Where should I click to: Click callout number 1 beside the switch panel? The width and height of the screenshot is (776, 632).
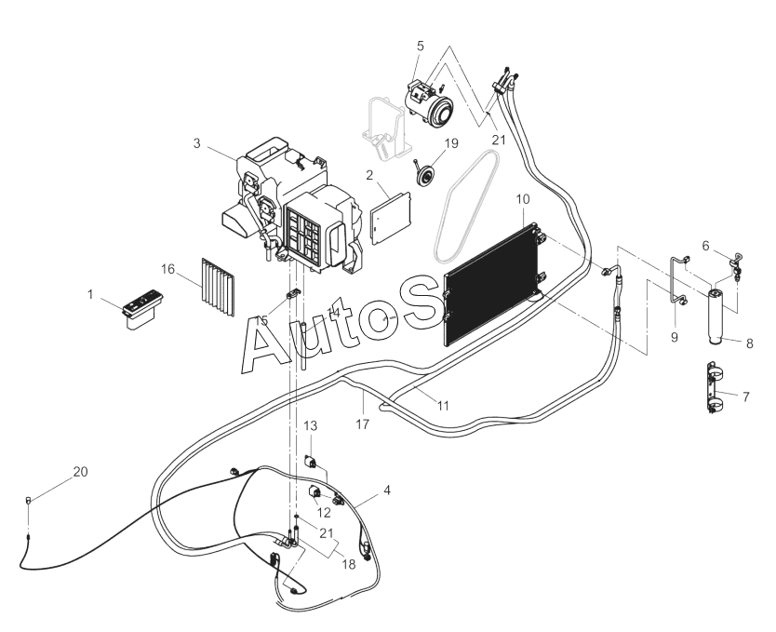click(91, 294)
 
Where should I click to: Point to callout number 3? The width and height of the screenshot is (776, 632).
click(197, 143)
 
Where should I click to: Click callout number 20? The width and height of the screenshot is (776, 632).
click(81, 472)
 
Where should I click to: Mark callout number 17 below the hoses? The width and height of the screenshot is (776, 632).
click(362, 424)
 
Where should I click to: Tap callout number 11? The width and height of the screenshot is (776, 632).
click(443, 406)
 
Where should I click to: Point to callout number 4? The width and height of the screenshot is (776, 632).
click(385, 488)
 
